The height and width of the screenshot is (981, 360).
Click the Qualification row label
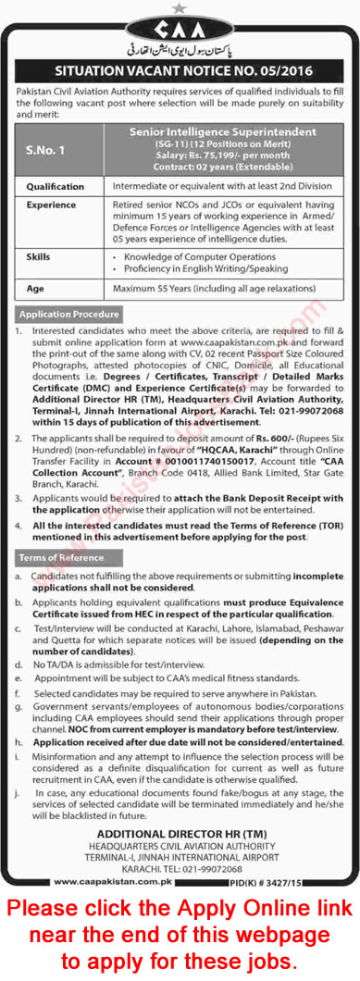coord(56,185)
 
